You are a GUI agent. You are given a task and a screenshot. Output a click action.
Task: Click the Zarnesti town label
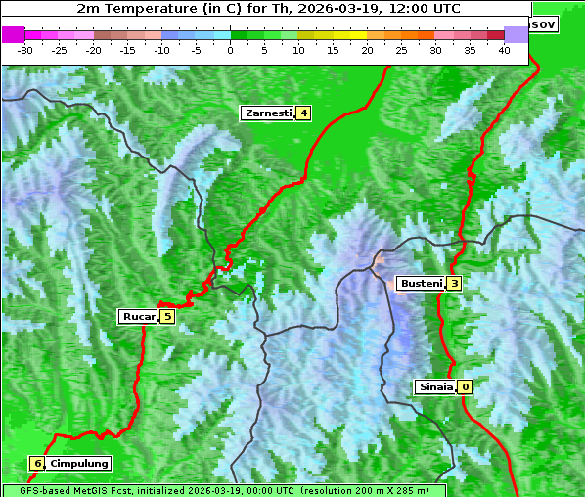268,113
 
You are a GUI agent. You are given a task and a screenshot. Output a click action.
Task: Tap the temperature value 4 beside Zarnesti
303,113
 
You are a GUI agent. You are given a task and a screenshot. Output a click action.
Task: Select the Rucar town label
139,316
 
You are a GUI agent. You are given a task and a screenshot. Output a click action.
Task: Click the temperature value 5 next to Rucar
167,316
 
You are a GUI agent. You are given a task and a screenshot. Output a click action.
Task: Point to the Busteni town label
421,284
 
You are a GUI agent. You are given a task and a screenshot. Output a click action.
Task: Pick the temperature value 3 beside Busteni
454,284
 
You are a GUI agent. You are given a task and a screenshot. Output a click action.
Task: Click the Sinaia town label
435,386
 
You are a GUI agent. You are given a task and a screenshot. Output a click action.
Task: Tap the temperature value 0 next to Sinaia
465,386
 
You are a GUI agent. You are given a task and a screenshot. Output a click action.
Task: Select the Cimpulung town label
78,463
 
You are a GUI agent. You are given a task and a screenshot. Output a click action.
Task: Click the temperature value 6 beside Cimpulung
37,463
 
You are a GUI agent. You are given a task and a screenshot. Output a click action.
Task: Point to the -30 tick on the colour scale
25,49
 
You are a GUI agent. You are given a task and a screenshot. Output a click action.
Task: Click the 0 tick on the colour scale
231,49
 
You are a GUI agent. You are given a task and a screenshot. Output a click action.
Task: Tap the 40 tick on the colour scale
504,49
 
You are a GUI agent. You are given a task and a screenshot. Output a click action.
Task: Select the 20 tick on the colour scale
368,49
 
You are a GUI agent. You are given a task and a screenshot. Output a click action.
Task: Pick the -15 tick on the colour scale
128,49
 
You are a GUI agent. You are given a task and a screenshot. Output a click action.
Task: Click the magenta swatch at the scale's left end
14,34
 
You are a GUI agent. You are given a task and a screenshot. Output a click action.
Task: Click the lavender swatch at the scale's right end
516,34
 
